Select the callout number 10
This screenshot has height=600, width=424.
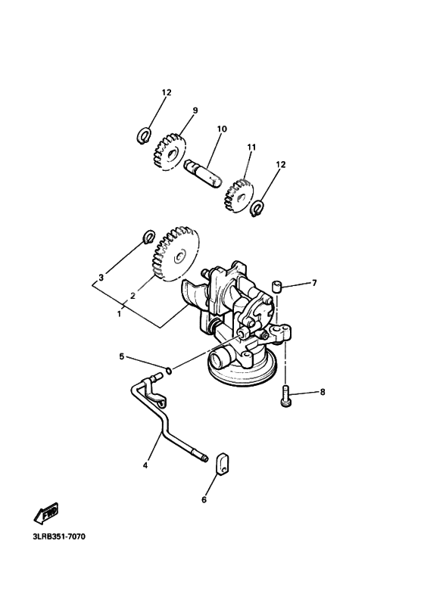pyautogui.click(x=222, y=129)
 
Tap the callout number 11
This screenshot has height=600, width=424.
pyautogui.click(x=251, y=147)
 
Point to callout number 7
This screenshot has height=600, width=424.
pyautogui.click(x=314, y=283)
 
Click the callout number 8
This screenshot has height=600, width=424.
pyautogui.click(x=322, y=393)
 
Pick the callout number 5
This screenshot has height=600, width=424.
pyautogui.click(x=120, y=355)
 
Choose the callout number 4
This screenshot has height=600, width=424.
pyautogui.click(x=145, y=467)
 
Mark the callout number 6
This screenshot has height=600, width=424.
pyautogui.click(x=204, y=500)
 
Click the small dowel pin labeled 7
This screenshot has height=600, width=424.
pyautogui.click(x=278, y=286)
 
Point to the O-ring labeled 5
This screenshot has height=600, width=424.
pyautogui.click(x=170, y=370)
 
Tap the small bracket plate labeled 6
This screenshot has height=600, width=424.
pyautogui.click(x=220, y=463)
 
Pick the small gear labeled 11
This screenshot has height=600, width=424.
pyautogui.click(x=240, y=194)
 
